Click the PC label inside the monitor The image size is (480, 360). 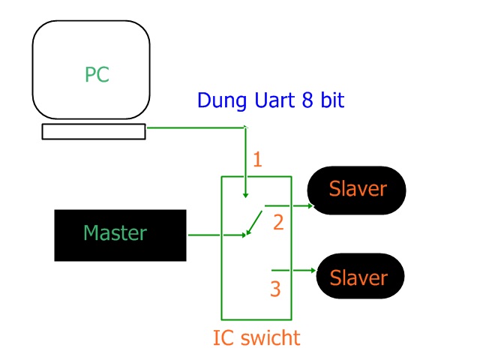pos(97,75)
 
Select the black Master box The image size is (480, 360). pos(120,235)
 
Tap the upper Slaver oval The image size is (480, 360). pos(357,189)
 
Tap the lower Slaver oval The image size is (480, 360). pos(358,277)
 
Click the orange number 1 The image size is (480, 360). pos(257,160)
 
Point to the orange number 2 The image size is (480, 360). pos(277,223)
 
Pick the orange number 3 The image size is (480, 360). pos(275,289)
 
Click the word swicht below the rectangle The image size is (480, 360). pos(271,338)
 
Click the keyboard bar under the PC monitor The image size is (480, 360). pos(94,132)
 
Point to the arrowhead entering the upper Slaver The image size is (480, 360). pos(310,204)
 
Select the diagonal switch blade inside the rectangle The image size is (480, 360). pos(256,221)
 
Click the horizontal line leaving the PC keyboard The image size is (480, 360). pos(195,127)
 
